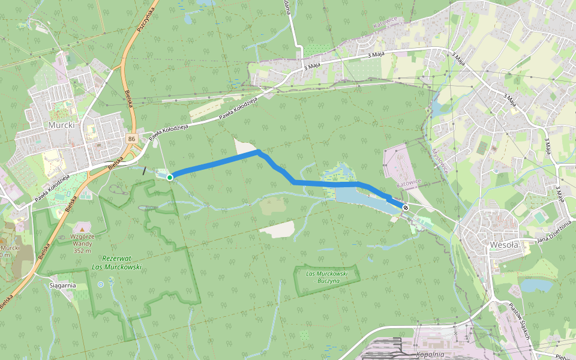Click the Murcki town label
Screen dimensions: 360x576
pyautogui.click(x=62, y=125)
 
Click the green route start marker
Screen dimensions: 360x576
pyautogui.click(x=170, y=177)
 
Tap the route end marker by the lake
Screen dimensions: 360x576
pyautogui.click(x=406, y=208)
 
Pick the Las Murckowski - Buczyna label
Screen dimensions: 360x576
pyautogui.click(x=327, y=277)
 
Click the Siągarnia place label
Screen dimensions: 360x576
pyautogui.click(x=63, y=286)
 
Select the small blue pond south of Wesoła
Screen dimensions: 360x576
pyautogui.click(x=535, y=285)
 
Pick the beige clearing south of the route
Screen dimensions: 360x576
pyautogui.click(x=277, y=229)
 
